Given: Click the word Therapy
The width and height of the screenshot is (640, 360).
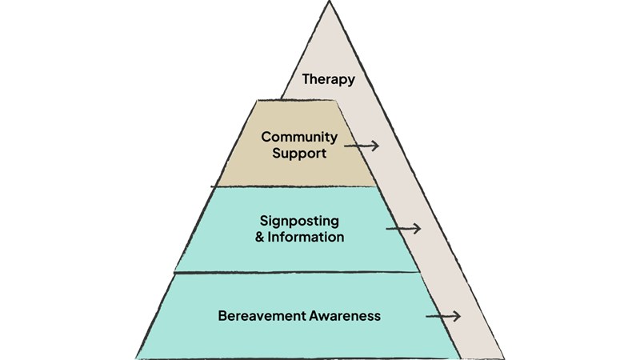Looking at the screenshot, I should (328, 79).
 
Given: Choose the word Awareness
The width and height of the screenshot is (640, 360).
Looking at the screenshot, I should (344, 315).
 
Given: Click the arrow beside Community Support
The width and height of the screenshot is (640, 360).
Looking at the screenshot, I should (361, 146).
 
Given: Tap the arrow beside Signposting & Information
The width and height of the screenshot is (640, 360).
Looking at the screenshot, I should (402, 229).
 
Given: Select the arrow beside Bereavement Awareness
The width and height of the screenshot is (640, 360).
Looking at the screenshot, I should (443, 316).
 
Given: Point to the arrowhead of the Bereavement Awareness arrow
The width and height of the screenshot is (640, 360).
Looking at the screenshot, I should (459, 316).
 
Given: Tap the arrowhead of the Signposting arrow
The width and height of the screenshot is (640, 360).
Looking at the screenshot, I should (418, 229).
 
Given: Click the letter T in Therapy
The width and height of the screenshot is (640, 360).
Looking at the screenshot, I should (306, 79).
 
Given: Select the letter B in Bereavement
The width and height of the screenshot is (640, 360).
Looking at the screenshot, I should (222, 315).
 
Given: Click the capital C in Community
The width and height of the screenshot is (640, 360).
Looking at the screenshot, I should (266, 137).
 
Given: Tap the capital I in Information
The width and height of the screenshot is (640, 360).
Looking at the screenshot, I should (262, 238).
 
